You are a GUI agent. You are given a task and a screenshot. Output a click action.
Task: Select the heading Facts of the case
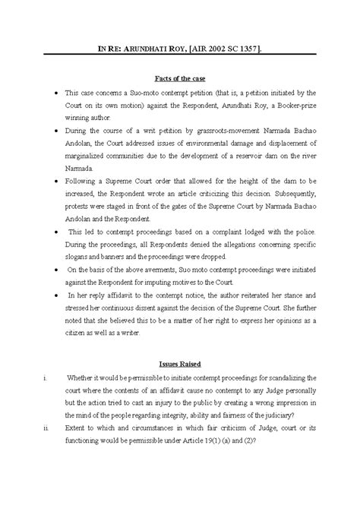click(179, 78)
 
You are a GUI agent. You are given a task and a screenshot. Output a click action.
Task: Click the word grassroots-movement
click(235, 131)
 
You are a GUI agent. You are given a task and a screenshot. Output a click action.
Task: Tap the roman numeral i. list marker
click(46, 377)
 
